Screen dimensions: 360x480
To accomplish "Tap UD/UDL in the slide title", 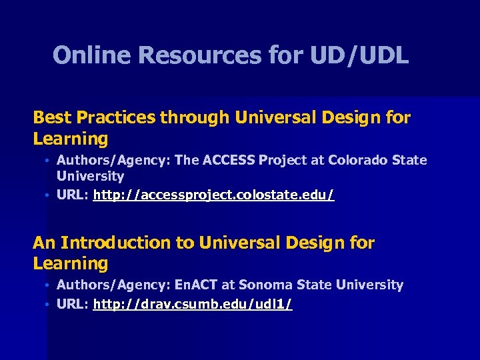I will pos(359,55).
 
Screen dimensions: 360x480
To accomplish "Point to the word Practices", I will pos(116,118).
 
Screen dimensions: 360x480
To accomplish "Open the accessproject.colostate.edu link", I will pos(213,195).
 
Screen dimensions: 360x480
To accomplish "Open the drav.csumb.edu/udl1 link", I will pos(192,305).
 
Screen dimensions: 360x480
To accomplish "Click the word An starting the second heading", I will pos(43,243).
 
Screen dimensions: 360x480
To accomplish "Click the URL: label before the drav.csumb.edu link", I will pos(72,305).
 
